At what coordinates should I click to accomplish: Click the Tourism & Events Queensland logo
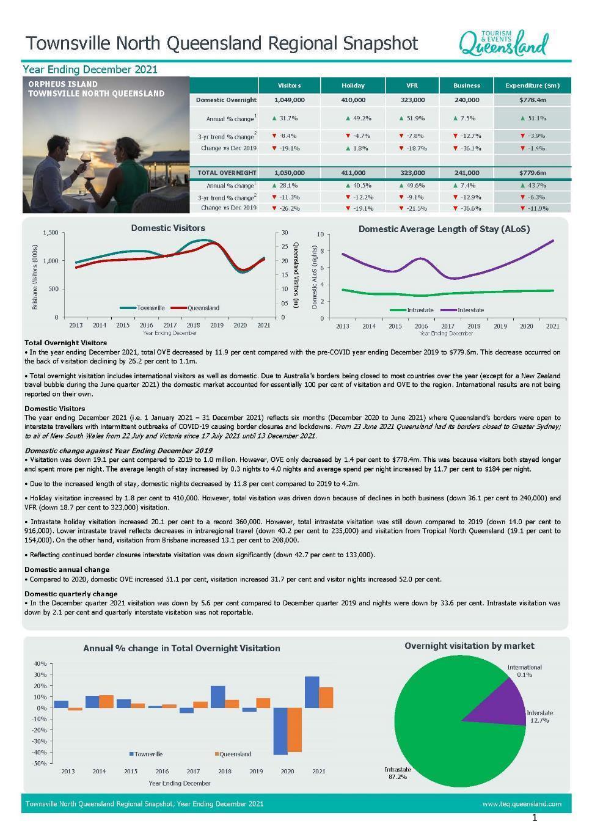coord(503,43)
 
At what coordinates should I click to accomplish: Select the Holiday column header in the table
coord(353,86)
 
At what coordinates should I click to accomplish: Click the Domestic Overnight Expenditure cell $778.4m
coord(532,100)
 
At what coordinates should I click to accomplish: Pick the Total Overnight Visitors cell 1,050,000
coord(289,173)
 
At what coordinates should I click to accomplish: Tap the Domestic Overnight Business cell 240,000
coord(467,100)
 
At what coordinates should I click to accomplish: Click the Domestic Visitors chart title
coord(168,228)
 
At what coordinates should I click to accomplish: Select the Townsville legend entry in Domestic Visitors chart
coord(144,308)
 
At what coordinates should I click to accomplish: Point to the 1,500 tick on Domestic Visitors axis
coord(51,233)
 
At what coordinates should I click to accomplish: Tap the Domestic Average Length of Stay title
coord(444,229)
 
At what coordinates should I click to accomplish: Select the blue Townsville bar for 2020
coord(280,731)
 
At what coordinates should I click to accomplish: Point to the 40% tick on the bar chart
coord(40,663)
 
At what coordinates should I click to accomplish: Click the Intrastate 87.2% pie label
coord(398,773)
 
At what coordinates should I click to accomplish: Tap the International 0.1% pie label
coord(524,671)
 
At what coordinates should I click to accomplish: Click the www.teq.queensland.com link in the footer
coord(522,804)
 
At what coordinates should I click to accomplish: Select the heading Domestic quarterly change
coord(71,594)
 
